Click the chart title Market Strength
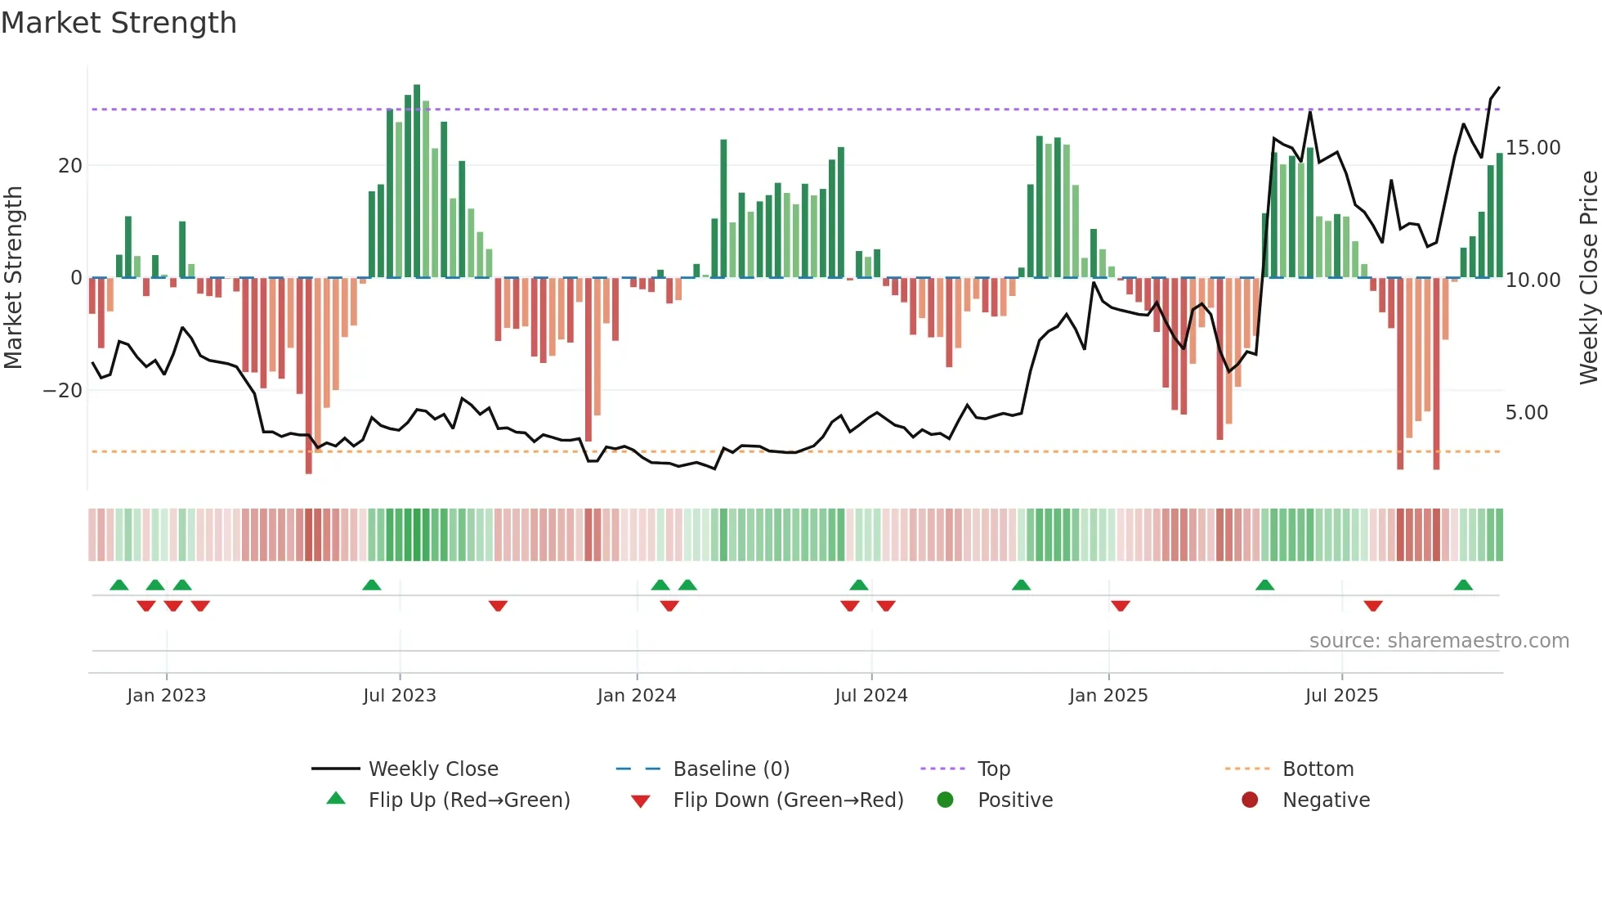point(119,23)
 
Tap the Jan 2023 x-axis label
point(166,696)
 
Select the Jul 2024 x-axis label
point(870,696)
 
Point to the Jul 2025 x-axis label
point(1341,696)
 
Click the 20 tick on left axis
point(70,166)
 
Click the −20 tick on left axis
point(63,391)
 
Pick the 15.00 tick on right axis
point(1533,148)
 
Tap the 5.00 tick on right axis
point(1526,413)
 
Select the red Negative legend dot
point(1250,800)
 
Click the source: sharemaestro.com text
point(1439,641)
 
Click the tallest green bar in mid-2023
point(417,180)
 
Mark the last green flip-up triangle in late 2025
point(1463,585)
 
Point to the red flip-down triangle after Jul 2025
point(1373,606)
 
